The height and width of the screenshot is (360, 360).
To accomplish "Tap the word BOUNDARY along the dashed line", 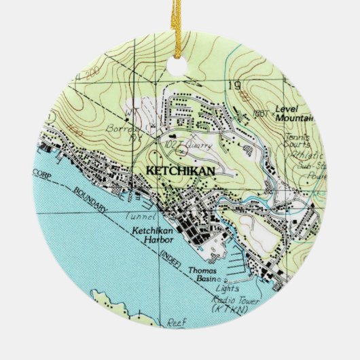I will point(88,201).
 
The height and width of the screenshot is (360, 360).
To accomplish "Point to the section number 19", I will point(236,86).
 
